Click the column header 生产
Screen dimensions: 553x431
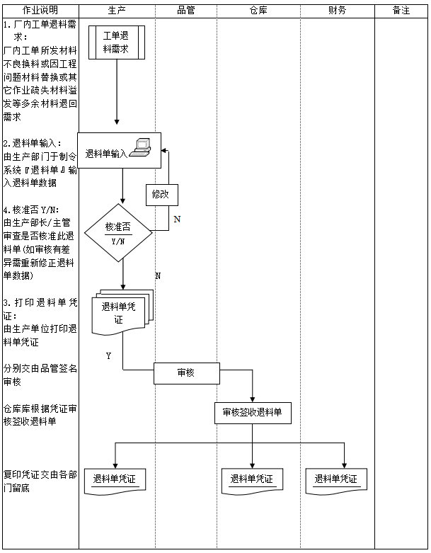click(x=117, y=11)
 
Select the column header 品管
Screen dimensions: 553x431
click(x=185, y=11)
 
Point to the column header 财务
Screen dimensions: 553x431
click(x=338, y=11)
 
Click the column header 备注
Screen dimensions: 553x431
click(x=401, y=11)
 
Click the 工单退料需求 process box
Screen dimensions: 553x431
click(x=117, y=42)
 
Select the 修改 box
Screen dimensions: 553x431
click(x=161, y=194)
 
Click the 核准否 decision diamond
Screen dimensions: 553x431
click(x=118, y=232)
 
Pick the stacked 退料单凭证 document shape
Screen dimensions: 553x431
click(x=122, y=312)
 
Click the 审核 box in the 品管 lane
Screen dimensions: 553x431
click(x=186, y=372)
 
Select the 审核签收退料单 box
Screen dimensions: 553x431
click(x=253, y=413)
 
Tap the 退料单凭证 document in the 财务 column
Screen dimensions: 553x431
click(x=336, y=479)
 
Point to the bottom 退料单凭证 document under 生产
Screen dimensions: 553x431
click(x=115, y=480)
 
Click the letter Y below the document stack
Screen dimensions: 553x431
click(x=108, y=356)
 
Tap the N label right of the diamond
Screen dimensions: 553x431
click(x=177, y=220)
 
